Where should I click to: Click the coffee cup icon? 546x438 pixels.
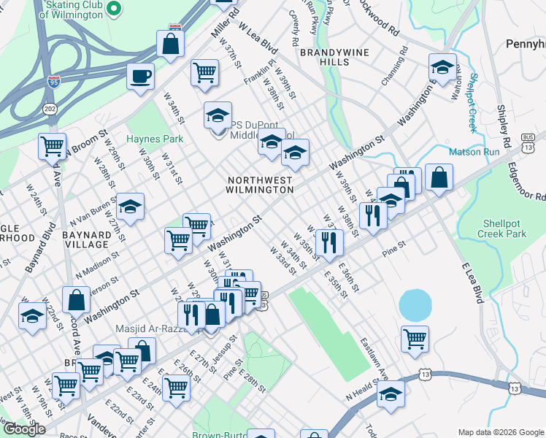(140, 75)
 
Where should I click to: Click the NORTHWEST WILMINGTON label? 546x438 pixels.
(260, 184)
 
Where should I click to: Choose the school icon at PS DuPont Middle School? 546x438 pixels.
(218, 115)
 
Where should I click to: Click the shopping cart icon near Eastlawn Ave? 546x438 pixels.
(415, 337)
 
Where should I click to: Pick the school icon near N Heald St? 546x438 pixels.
(391, 394)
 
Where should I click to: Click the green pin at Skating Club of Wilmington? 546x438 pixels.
(113, 8)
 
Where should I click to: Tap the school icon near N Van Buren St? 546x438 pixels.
(131, 207)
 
